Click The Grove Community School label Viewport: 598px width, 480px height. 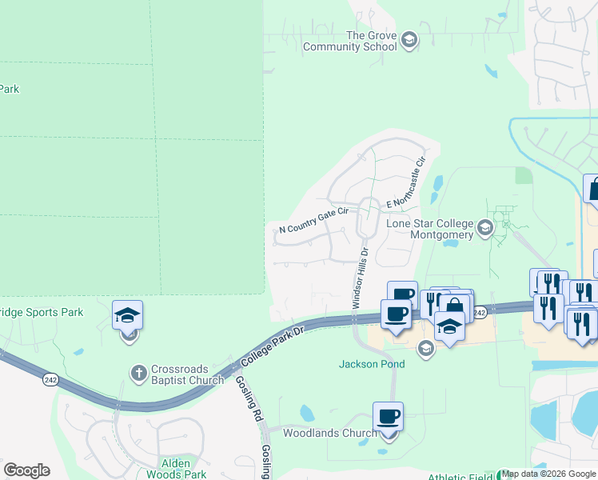tap(349, 41)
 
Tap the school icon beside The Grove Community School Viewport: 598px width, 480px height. tap(409, 40)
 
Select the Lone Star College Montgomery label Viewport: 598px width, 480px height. tap(430, 229)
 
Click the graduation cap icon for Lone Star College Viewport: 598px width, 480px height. tap(484, 230)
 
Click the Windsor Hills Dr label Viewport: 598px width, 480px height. tap(359, 277)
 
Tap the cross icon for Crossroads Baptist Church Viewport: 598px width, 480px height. tap(139, 374)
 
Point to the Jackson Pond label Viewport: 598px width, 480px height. tap(372, 364)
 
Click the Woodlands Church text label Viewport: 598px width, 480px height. tap(330, 434)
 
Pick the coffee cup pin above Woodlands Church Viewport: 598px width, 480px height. tap(388, 417)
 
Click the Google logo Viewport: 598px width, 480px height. tap(26, 470)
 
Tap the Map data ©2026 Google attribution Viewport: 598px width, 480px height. tap(549, 474)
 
